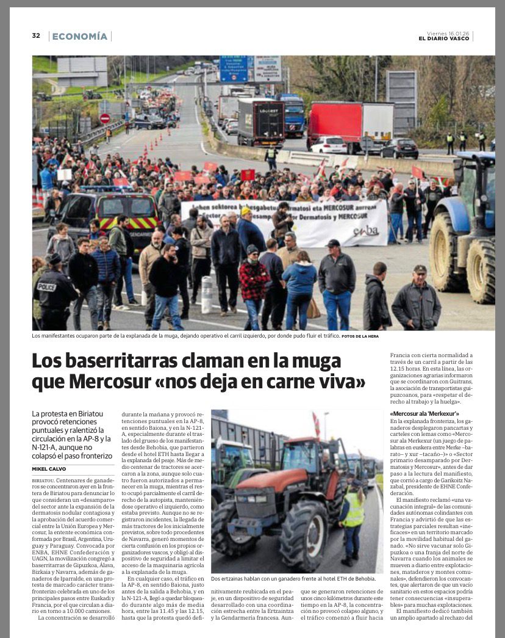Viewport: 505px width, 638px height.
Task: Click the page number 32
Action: click(36, 35)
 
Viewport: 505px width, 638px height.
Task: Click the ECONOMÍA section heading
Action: click(80, 37)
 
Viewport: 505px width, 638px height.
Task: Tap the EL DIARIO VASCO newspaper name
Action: click(444, 39)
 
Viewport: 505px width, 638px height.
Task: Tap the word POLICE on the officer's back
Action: click(47, 287)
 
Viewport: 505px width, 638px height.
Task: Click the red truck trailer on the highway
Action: click(342, 122)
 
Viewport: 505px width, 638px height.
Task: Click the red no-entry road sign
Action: click(105, 118)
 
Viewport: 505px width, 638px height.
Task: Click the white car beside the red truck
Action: click(328, 145)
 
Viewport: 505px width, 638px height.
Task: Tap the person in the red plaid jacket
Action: click(253, 282)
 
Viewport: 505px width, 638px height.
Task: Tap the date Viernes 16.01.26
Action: click(448, 33)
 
